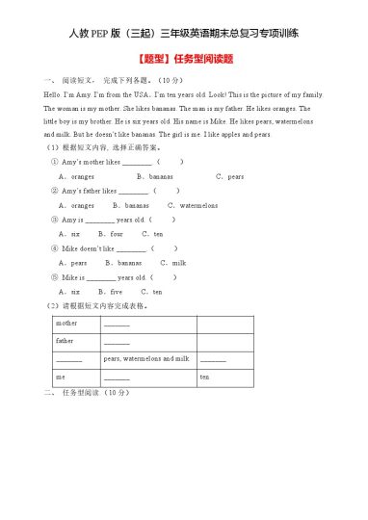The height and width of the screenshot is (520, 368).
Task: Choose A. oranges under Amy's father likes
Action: tap(77, 205)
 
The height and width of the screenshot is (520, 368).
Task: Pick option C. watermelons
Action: tap(193, 205)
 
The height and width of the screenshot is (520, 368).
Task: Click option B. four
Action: tap(112, 233)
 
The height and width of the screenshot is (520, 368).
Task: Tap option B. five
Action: tap(111, 291)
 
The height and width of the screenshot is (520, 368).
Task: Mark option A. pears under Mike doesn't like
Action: tap(73, 262)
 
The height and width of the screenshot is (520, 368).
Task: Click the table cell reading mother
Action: tap(66, 323)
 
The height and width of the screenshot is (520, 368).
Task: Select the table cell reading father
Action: tap(65, 340)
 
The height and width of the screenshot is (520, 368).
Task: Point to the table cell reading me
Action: tap(61, 377)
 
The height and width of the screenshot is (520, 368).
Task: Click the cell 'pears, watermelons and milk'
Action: tap(146, 358)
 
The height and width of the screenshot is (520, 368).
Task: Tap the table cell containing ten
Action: tap(204, 377)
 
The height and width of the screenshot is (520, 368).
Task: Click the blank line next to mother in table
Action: tap(117, 324)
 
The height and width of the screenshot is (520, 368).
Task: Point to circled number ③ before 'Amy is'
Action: tap(54, 220)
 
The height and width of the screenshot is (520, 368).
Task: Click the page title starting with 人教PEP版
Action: tap(184, 33)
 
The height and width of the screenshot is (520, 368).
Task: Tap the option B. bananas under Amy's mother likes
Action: tap(155, 176)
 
